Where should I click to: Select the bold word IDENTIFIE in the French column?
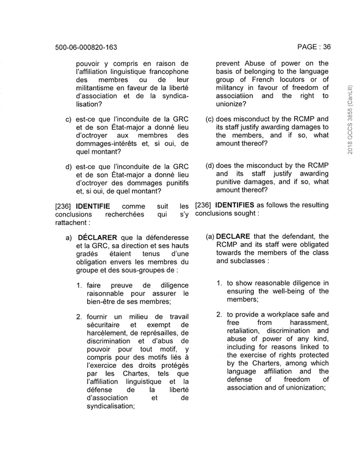pyautogui.click(x=95, y=206)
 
